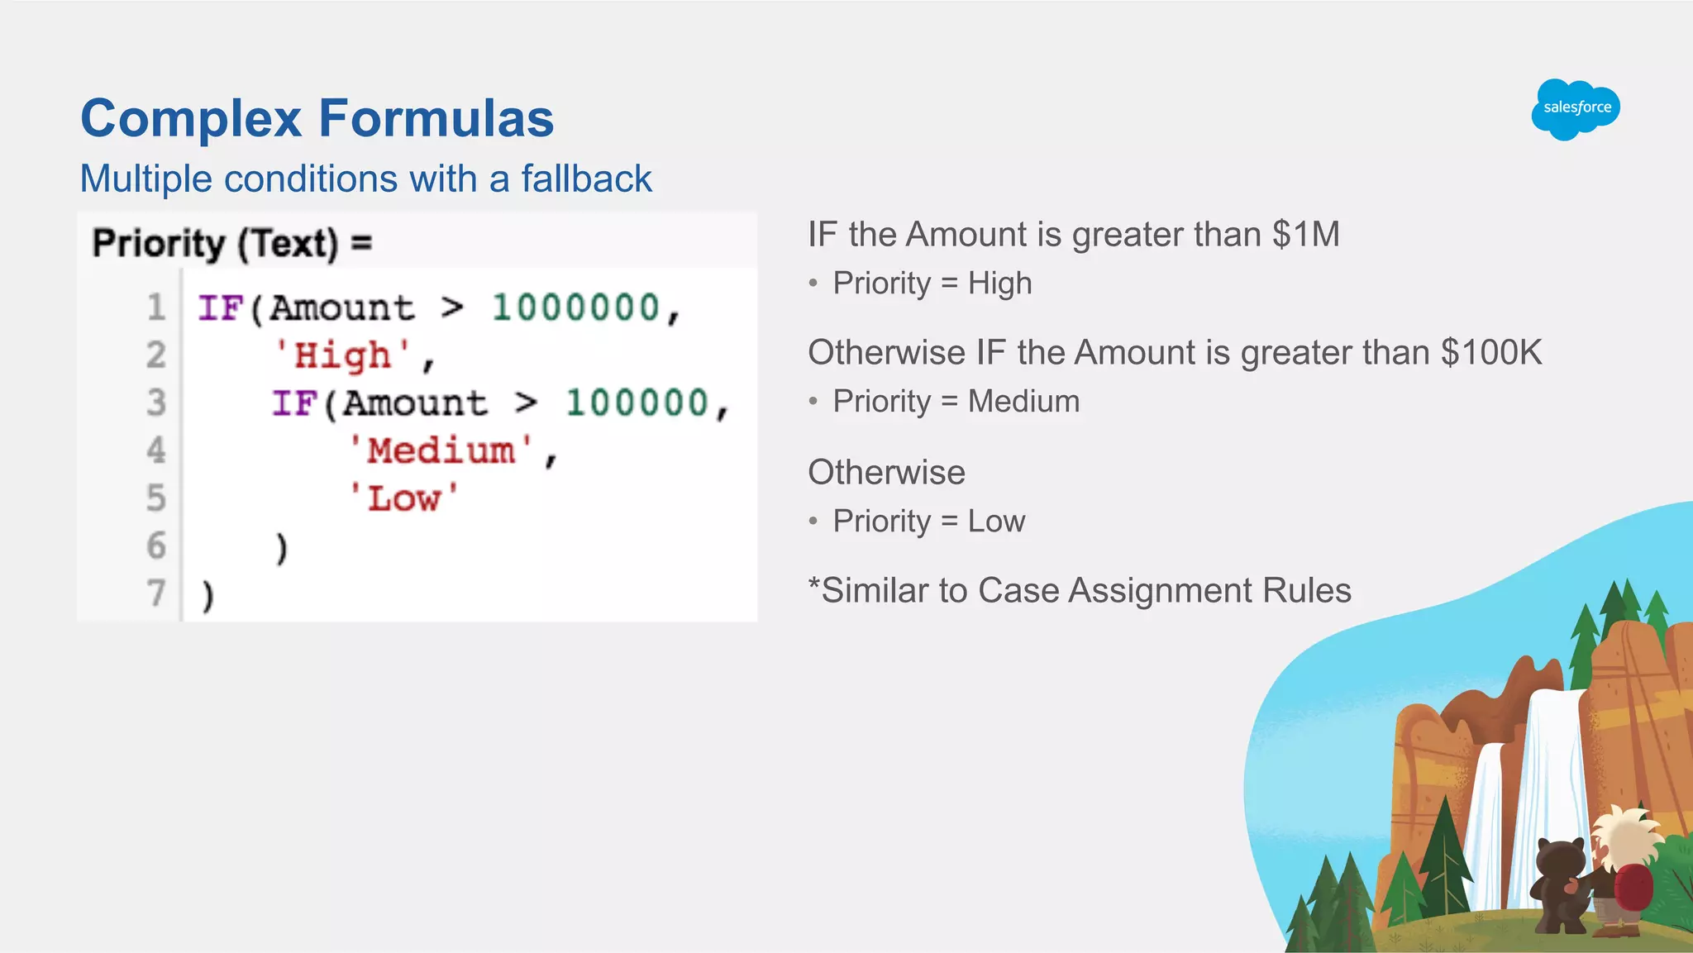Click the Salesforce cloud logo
1576,109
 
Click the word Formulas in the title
436,118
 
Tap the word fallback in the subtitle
586,179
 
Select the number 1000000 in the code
576,308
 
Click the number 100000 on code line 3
637,403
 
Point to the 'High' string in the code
343,356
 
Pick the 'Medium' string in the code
441,451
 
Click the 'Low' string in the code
403,499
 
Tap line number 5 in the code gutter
155,498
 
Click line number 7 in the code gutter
155,593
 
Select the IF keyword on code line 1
220,308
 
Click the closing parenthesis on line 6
282,548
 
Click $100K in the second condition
1491,353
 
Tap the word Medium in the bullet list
1023,402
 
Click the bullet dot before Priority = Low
813,522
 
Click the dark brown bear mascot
1559,884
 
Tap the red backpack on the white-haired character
1633,888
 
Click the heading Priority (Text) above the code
215,244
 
